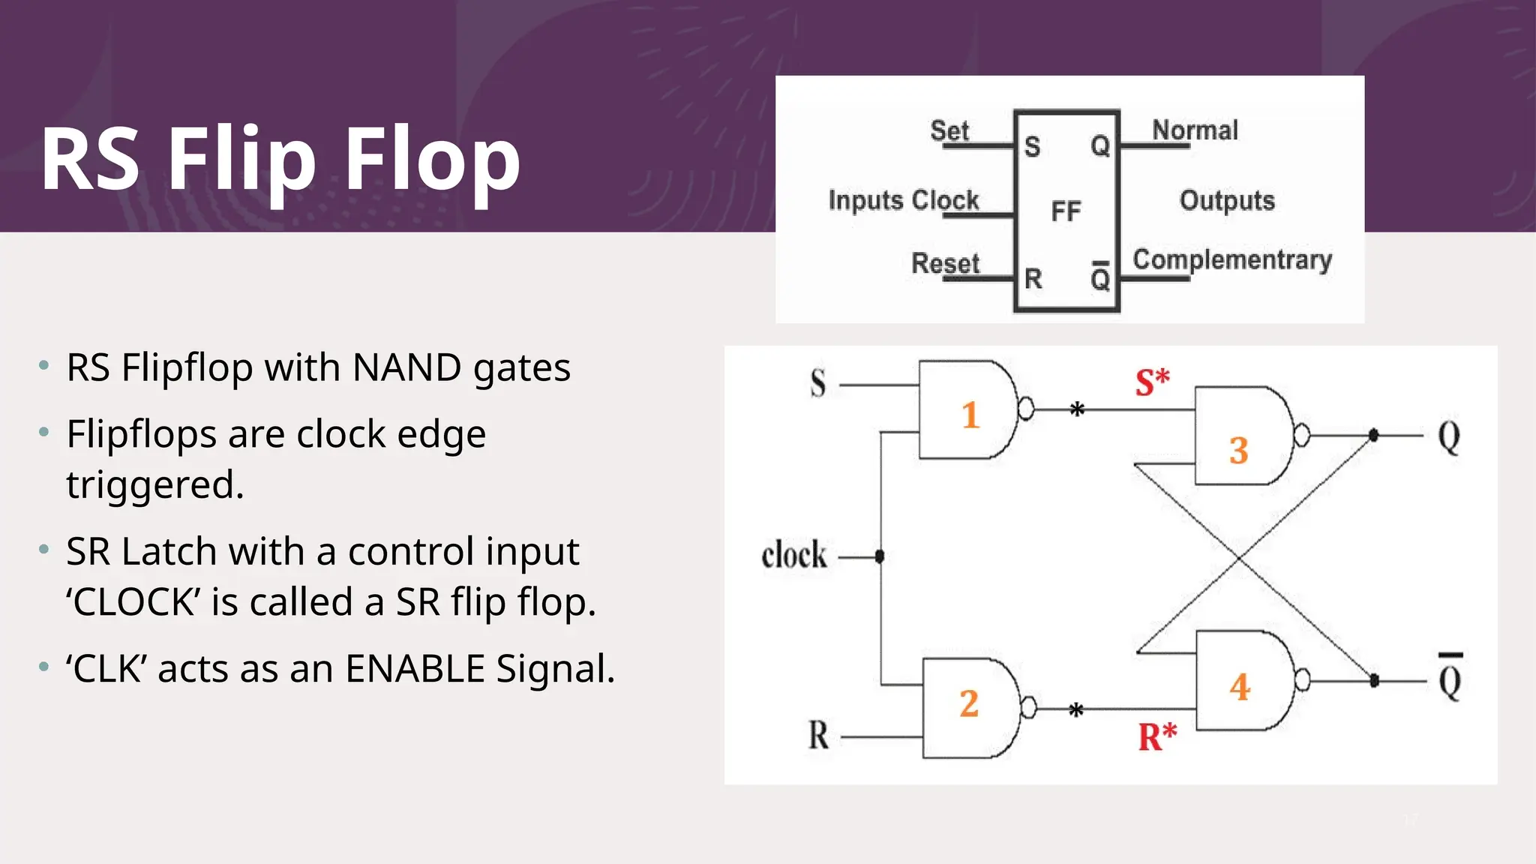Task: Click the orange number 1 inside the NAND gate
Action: point(970,415)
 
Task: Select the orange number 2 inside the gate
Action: point(969,703)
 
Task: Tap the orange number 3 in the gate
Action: point(1238,451)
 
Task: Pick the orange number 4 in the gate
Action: point(1240,687)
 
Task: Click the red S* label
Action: point(1152,382)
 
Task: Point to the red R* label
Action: point(1157,736)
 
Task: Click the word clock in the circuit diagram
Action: point(793,556)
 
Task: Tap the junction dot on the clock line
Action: point(880,556)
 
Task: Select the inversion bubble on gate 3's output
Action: point(1302,435)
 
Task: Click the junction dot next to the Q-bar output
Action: point(1374,680)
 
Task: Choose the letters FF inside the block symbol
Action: point(1066,211)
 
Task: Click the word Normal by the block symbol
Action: point(1195,130)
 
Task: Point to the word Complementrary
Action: point(1231,259)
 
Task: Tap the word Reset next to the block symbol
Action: point(945,263)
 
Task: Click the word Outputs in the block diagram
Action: point(1227,200)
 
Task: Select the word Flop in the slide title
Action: point(432,159)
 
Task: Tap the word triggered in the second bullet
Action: point(154,484)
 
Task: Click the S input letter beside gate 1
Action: point(817,383)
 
